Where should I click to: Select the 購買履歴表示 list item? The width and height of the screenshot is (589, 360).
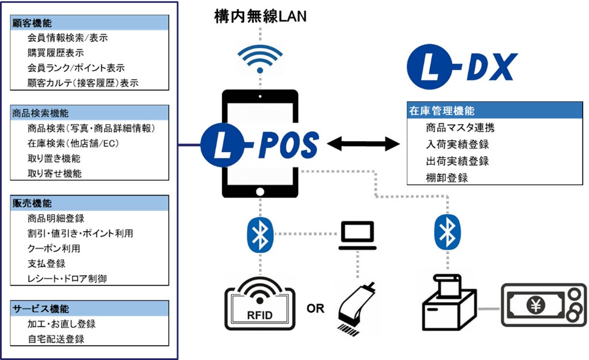[x=55, y=53]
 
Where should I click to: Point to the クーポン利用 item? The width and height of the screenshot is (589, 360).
[x=54, y=249]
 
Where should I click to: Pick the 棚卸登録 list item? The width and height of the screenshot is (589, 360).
[x=446, y=177]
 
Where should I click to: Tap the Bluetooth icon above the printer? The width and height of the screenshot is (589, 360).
[x=446, y=231]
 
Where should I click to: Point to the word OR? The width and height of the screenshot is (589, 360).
[x=315, y=308]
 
